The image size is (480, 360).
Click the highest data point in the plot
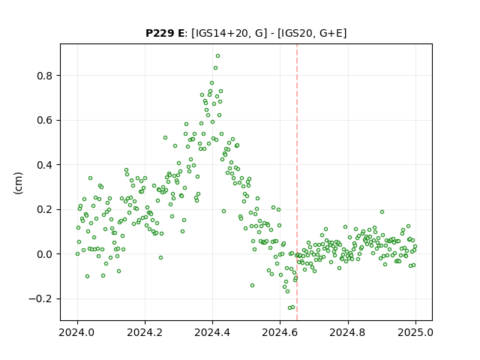tap(217, 56)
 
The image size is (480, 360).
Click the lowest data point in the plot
tap(289, 308)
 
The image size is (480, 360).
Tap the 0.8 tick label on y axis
tap(44, 76)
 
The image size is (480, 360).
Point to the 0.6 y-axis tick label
tap(44, 120)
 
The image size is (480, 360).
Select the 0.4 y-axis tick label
tap(44, 165)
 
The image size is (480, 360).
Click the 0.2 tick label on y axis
tap(44, 210)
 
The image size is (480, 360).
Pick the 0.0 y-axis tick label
tap(44, 254)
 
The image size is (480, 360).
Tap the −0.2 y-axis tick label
tap(40, 298)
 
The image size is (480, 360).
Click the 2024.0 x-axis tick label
tap(77, 332)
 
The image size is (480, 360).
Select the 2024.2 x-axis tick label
tap(145, 332)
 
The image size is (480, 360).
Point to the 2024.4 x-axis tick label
tap(212, 332)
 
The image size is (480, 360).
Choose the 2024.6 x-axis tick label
tap(280, 332)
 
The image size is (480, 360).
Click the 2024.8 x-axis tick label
tap(347, 332)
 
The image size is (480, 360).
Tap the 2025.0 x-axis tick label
tap(415, 332)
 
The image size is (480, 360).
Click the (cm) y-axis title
tap(18, 183)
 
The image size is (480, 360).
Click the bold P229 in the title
tap(159, 33)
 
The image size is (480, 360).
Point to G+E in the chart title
tap(331, 33)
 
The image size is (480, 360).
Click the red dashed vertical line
tap(297, 182)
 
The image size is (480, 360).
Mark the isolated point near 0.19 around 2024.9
tap(382, 211)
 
